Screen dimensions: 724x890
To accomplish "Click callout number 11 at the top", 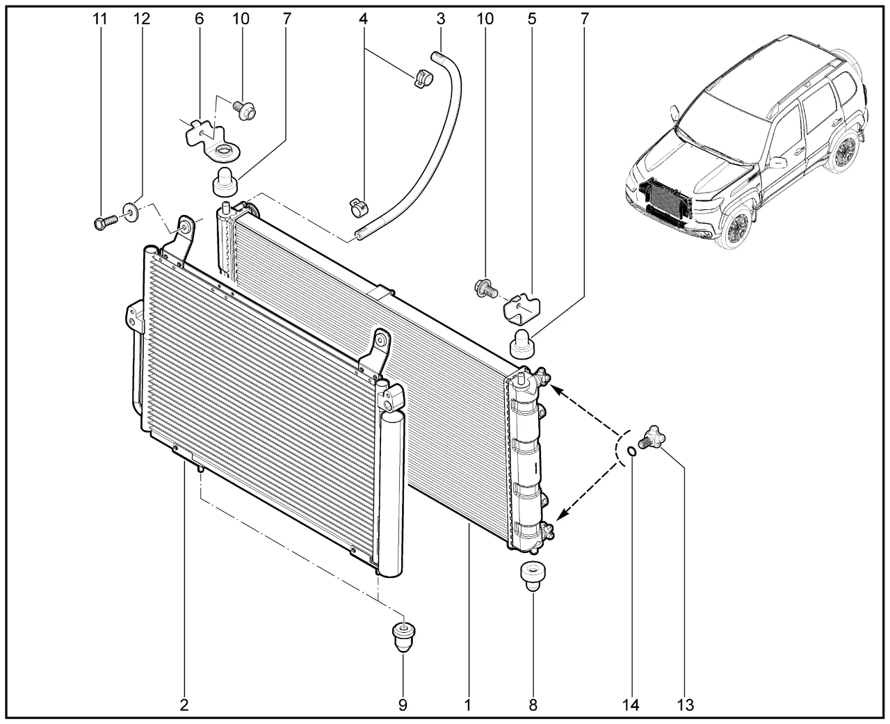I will pyautogui.click(x=101, y=19).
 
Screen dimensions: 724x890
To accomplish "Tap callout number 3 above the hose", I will pyautogui.click(x=441, y=19).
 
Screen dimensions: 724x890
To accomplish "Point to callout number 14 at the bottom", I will pyautogui.click(x=631, y=705).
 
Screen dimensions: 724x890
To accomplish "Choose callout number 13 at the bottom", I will pyautogui.click(x=685, y=705).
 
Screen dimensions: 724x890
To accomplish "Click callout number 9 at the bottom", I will pyautogui.click(x=403, y=705).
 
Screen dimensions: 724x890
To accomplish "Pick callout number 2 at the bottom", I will pyautogui.click(x=184, y=705).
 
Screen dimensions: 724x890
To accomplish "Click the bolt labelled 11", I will pyautogui.click(x=102, y=223).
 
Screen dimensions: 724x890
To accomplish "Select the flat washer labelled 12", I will pyautogui.click(x=130, y=210).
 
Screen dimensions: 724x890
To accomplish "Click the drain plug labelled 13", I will pyautogui.click(x=653, y=437).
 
